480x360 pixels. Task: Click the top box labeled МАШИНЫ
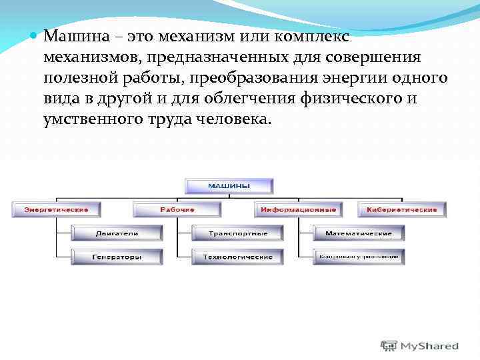[229, 186]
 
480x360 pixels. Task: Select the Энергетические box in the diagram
[56, 210]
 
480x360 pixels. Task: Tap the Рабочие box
[177, 210]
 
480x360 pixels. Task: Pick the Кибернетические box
[401, 210]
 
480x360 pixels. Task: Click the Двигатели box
[117, 233]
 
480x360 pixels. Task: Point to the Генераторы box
[117, 257]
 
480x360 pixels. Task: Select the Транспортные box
[237, 233]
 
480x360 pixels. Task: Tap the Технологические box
[237, 257]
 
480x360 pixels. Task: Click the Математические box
[358, 233]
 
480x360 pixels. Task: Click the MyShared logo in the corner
[420, 346]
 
